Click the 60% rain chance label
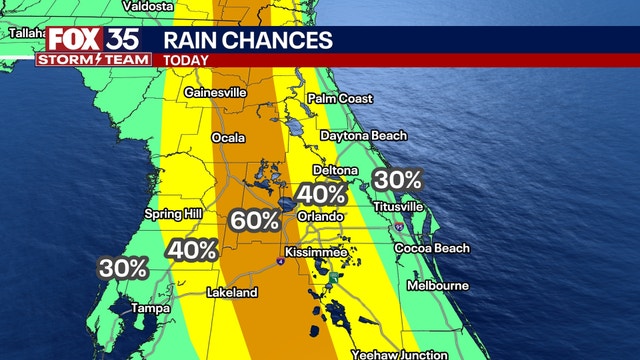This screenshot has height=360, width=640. coord(255,220)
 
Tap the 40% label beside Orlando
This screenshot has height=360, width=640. coord(322,194)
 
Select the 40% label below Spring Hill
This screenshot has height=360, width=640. coord(192,250)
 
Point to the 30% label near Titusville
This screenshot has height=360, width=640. coord(397,180)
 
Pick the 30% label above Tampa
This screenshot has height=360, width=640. coord(123,268)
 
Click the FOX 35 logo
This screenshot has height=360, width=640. coord(92,40)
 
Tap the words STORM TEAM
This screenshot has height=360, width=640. coord(93,59)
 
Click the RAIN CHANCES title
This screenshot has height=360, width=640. coord(248,40)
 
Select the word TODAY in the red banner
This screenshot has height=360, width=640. coord(186,60)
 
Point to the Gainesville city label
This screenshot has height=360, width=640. coord(215,93)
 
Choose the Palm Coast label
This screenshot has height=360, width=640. coord(340,99)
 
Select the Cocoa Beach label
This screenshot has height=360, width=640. coord(431,248)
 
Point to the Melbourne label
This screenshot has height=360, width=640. coord(437,286)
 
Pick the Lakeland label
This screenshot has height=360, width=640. coord(232,293)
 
